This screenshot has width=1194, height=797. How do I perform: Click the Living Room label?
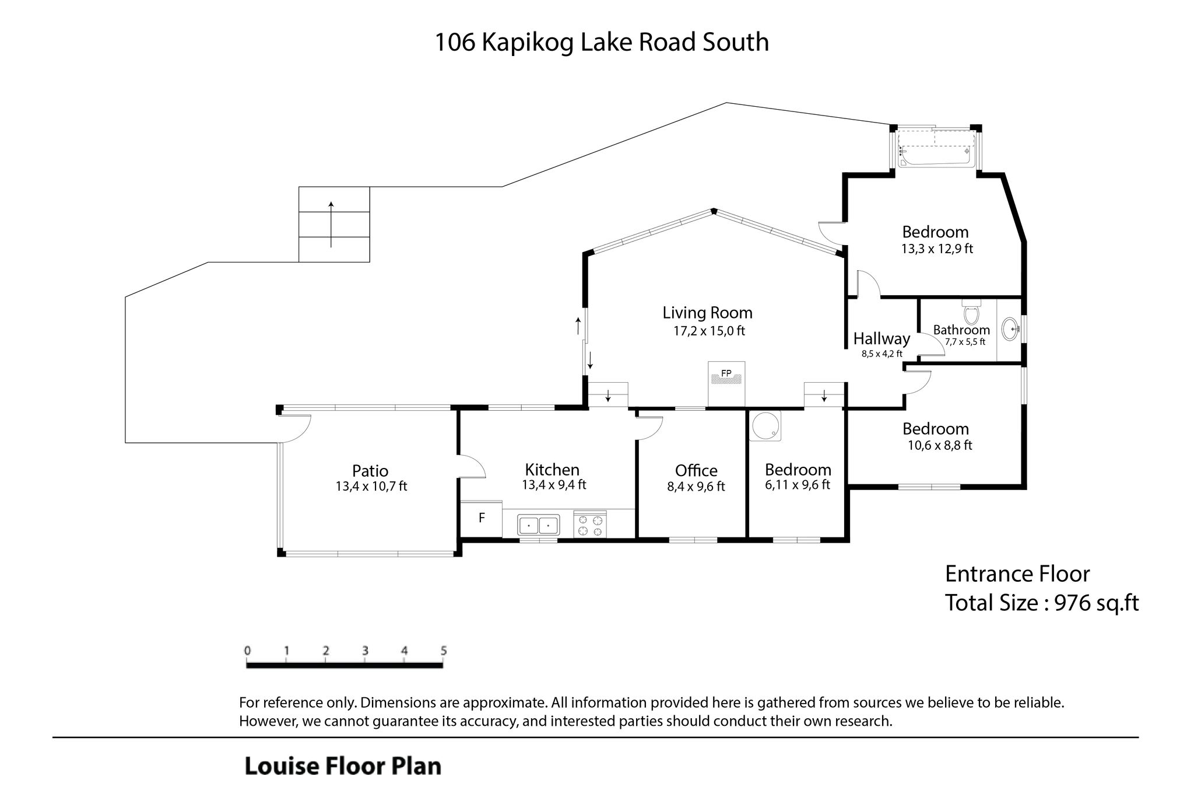point(707,313)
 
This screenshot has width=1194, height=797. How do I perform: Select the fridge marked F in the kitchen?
point(482,518)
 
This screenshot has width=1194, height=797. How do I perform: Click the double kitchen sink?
point(538,525)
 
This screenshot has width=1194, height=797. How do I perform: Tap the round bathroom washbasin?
point(1010,329)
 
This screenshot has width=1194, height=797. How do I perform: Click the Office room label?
point(696,470)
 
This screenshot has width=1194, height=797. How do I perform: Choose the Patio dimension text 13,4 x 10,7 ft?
point(371,486)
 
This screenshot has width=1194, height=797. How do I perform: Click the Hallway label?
point(882,338)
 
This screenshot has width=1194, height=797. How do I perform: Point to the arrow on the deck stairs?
point(331,224)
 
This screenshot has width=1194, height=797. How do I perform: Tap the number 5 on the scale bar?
point(444,651)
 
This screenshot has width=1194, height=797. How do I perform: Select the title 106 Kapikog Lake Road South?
point(602,43)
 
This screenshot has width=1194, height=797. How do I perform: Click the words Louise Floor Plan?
point(343,766)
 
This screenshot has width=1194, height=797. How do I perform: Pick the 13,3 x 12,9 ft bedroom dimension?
point(937,249)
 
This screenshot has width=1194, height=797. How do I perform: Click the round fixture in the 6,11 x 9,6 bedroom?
point(767,425)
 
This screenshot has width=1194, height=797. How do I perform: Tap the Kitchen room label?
point(552,469)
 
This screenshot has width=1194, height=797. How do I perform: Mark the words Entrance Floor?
point(1017,574)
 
